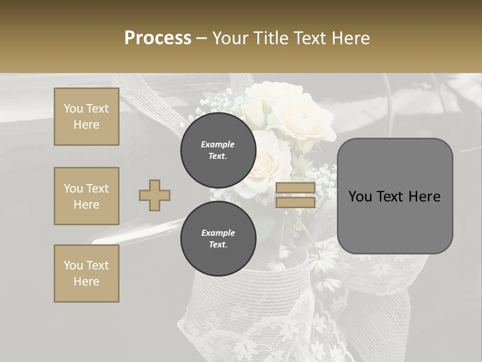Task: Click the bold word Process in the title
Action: tap(158, 38)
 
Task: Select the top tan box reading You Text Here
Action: tap(86, 117)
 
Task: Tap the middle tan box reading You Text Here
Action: tap(86, 196)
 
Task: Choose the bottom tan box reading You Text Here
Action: tap(86, 274)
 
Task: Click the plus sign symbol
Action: tap(155, 195)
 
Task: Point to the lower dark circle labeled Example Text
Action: tap(218, 239)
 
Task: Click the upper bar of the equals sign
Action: tap(295, 188)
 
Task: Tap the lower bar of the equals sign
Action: tap(295, 202)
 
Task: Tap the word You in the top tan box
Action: tap(73, 109)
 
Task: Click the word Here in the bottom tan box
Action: tap(86, 282)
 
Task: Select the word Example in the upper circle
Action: tap(218, 144)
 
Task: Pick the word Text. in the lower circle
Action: tap(218, 245)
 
